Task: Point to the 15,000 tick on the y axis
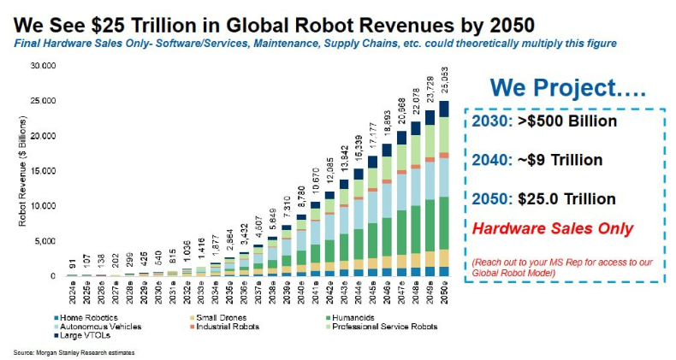pyautogui.click(x=43, y=171)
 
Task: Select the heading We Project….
pyautogui.click(x=554, y=88)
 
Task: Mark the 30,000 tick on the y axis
pyautogui.click(x=43, y=66)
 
